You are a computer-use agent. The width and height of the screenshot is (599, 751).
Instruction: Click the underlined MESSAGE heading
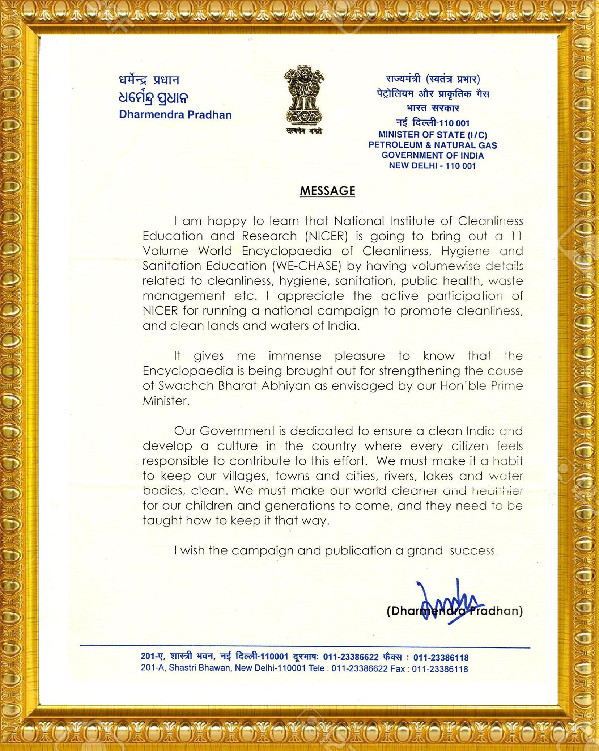point(327,191)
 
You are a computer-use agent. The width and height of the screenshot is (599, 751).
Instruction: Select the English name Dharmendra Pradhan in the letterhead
point(175,115)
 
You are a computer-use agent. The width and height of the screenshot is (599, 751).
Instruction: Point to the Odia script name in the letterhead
point(153,97)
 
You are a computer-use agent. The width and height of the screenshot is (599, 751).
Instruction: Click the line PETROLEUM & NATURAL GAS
point(433,145)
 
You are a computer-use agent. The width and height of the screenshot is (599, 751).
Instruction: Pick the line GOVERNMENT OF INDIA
point(433,156)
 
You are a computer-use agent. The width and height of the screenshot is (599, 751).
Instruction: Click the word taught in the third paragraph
point(162,520)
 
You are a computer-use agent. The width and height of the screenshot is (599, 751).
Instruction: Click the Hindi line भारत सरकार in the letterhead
point(433,108)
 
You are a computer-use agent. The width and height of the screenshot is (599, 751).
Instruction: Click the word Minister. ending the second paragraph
point(166,401)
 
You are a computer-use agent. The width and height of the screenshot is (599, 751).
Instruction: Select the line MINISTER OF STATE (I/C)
point(433,135)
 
